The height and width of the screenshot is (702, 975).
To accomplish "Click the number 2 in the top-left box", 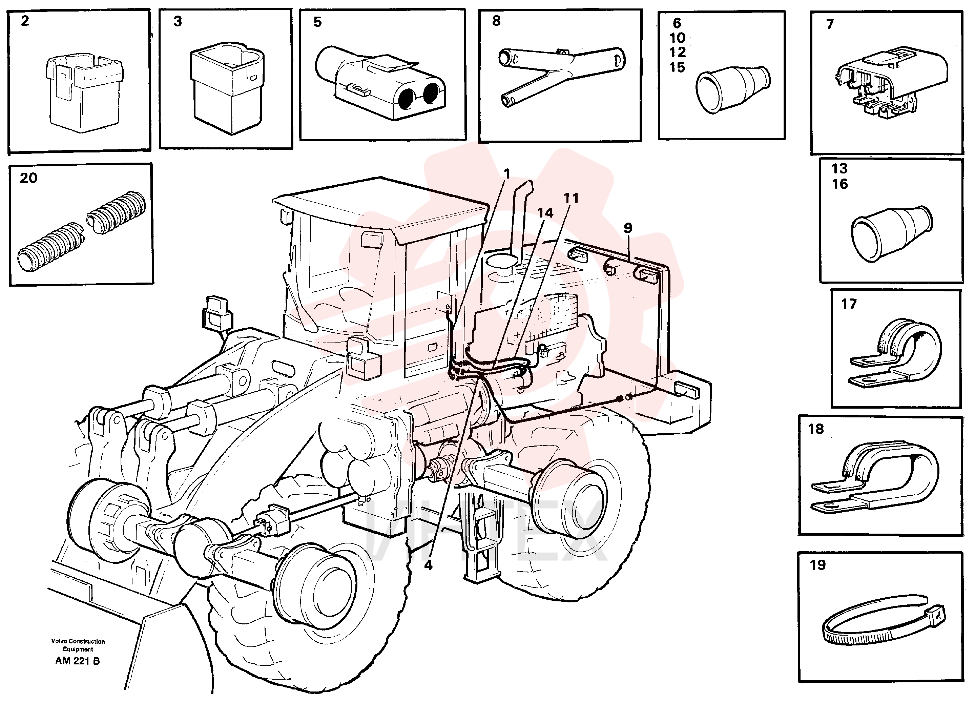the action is [x=25, y=21].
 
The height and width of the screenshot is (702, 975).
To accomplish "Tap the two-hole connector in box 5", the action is [x=380, y=82].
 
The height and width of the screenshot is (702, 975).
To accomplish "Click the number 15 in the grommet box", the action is [x=677, y=67].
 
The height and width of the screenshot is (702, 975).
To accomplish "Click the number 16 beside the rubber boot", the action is [x=839, y=184].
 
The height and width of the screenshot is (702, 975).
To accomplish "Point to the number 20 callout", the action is [x=28, y=178].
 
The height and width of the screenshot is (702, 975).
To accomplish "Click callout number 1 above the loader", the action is [x=507, y=174].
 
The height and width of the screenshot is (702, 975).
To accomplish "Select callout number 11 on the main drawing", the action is [x=571, y=198].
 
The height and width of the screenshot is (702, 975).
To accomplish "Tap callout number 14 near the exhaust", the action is [x=545, y=213].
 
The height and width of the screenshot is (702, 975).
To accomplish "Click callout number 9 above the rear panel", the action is [x=628, y=228].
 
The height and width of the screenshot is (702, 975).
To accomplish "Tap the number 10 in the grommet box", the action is [x=677, y=38].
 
